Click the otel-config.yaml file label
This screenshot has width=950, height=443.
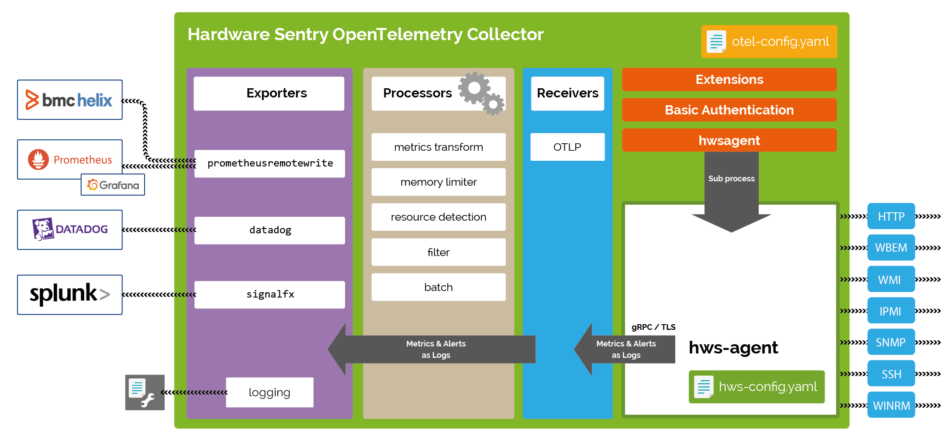pos(769,42)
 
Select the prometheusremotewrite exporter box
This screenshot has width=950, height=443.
pos(269,163)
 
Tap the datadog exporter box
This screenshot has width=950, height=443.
pos(269,230)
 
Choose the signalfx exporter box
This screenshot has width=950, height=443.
pos(269,294)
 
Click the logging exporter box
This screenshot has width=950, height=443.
pos(269,392)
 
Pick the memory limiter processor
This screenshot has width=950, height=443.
pos(438,182)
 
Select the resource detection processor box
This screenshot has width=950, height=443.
pos(438,217)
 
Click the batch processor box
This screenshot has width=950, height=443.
pos(438,287)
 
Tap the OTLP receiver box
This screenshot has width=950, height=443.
pos(567,147)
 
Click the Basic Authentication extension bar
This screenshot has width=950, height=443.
pos(729,110)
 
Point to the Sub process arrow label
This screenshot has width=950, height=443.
pos(731,178)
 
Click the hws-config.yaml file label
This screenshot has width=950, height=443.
pos(757,387)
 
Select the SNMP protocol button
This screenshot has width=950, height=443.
pos(891,342)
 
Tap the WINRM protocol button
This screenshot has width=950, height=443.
pos(891,405)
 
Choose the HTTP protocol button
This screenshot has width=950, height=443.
pos(891,216)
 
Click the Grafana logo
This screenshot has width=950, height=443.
pos(113,185)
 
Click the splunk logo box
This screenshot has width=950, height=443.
pos(70,294)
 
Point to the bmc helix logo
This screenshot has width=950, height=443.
pos(70,100)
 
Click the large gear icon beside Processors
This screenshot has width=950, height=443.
pos(474,88)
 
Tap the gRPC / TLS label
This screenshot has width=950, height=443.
pos(653,327)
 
